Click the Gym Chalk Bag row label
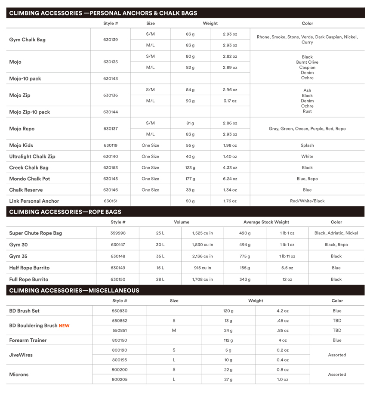point(27,40)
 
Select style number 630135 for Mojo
point(111,62)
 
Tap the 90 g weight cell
point(190,101)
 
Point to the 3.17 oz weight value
point(230,101)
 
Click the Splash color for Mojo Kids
point(307,145)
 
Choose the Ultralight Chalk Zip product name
point(32,157)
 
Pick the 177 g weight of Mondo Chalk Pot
point(190,179)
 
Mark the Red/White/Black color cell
point(307,201)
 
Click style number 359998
point(118,233)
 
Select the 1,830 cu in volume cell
point(202,245)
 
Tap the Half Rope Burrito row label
point(28,268)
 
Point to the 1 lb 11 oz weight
point(287,257)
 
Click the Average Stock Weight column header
point(266,222)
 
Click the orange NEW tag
point(64,326)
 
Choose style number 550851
point(120,331)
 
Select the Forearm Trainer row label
point(28,340)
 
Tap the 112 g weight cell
point(228,340)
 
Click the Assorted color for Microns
point(337,374)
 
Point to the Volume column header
point(181,222)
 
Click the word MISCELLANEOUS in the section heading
point(114,291)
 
